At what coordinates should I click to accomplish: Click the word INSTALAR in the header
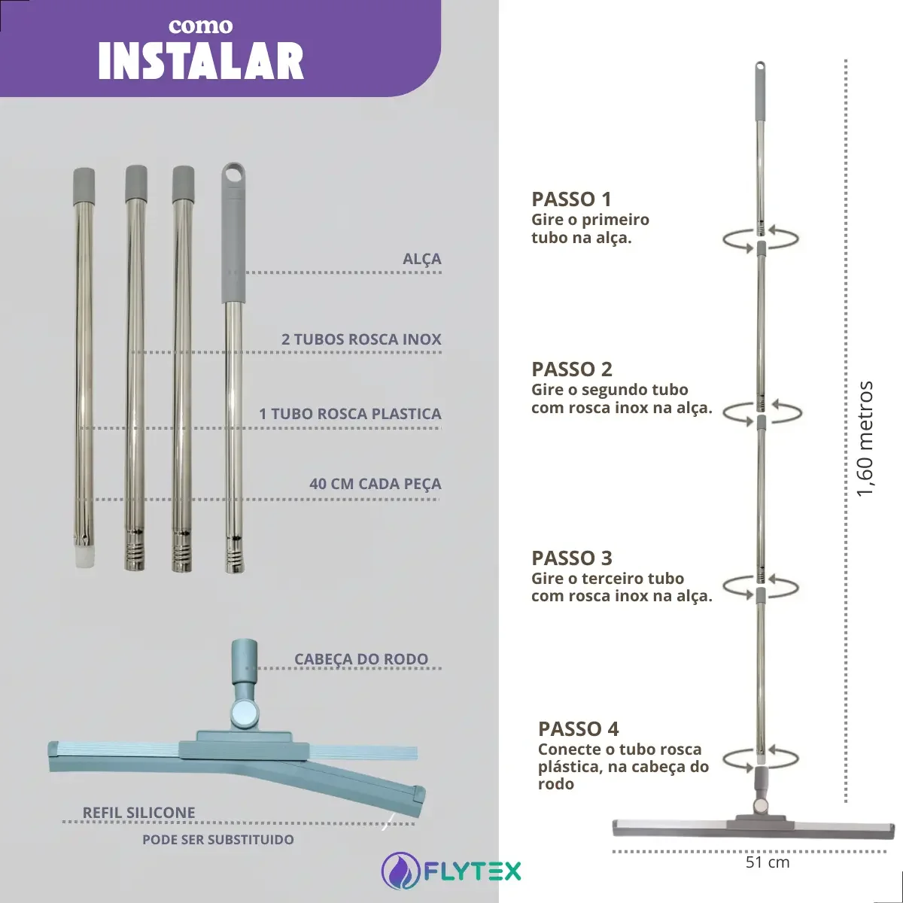[201, 62]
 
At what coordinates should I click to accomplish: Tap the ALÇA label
[421, 259]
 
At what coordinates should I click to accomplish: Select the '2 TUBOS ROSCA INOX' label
[361, 339]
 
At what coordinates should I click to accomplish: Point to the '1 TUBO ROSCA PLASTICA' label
[350, 414]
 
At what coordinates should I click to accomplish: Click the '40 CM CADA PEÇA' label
[375, 483]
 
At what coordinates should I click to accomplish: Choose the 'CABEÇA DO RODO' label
[361, 658]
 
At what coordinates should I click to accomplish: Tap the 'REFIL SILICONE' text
[138, 812]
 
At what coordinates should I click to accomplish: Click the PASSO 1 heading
[571, 199]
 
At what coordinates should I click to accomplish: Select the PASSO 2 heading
[572, 369]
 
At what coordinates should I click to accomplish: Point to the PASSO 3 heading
[572, 558]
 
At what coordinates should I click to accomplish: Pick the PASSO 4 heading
[578, 729]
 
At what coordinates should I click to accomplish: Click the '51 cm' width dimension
[768, 862]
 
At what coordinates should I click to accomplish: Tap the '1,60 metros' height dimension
[864, 439]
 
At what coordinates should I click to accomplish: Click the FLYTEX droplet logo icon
[400, 871]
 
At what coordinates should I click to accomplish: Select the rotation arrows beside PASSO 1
[761, 239]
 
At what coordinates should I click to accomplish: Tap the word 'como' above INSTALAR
[201, 26]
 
